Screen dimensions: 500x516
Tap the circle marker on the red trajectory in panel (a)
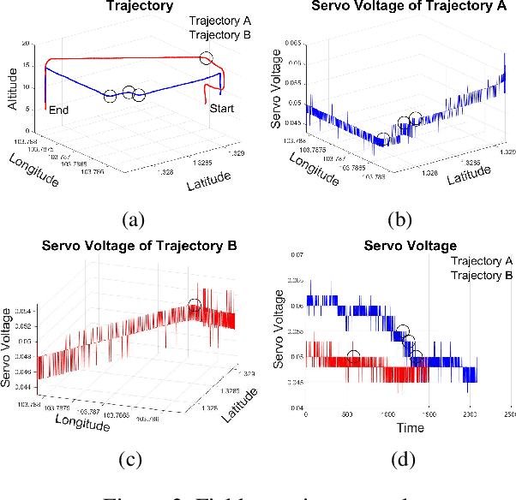[x=206, y=59]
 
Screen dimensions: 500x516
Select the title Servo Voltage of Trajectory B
[x=129, y=248]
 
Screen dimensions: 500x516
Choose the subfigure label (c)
[x=129, y=460]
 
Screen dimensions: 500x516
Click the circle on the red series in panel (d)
[x=353, y=357]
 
